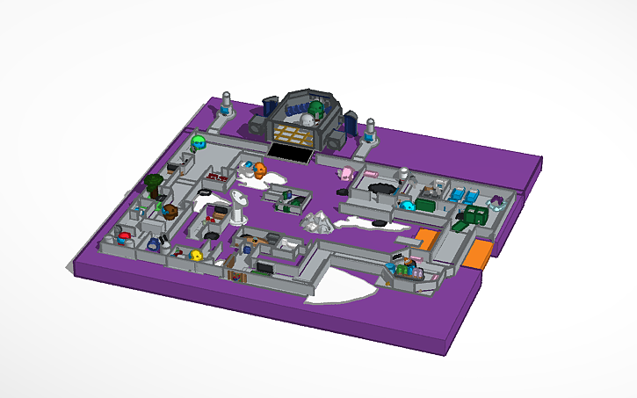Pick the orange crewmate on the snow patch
tap(260, 170)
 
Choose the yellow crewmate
tap(197, 255)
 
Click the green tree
tap(154, 184)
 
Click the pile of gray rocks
tap(316, 221)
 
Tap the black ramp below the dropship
tap(290, 153)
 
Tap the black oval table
tap(382, 188)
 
